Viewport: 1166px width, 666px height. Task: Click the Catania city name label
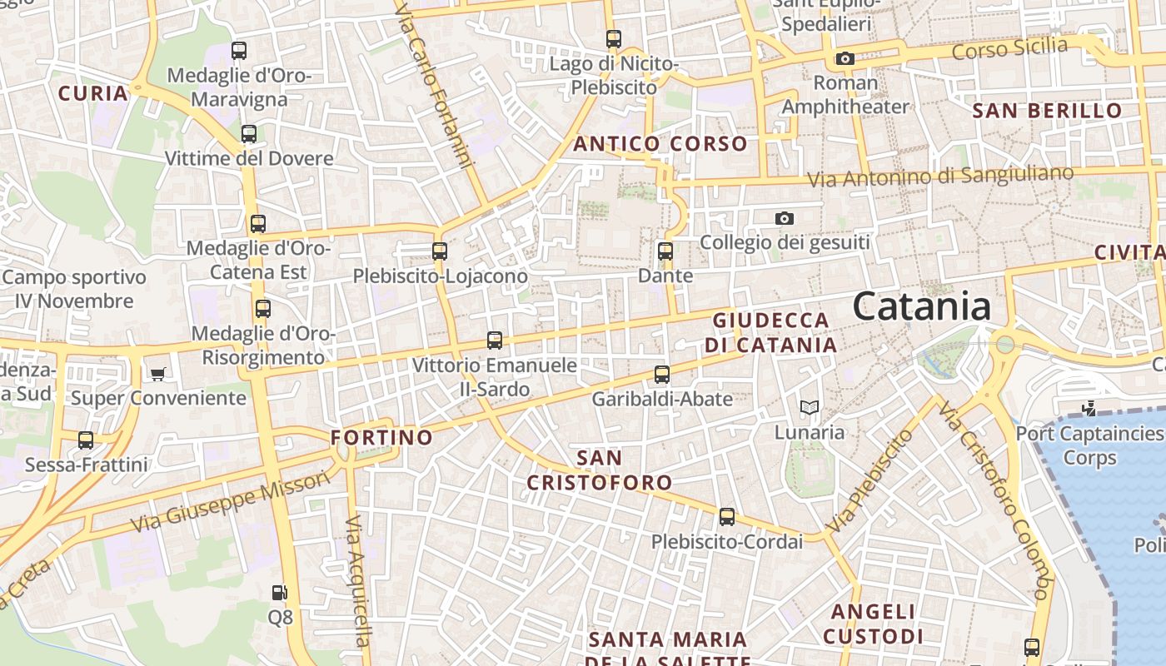pos(921,306)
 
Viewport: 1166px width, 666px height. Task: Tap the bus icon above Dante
pos(665,251)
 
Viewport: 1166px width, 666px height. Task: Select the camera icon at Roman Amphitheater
pos(845,58)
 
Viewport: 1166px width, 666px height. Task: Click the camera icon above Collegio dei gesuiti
pos(784,218)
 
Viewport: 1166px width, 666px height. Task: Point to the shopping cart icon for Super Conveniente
pos(158,374)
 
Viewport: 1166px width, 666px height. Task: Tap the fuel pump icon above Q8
pos(280,593)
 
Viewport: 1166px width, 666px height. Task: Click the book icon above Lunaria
pos(810,408)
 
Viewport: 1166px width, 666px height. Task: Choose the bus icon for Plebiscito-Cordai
pos(727,517)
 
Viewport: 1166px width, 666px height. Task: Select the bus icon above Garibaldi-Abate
pos(662,375)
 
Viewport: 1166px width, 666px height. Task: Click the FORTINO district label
pos(381,437)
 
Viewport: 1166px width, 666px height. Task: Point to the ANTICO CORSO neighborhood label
pos(660,144)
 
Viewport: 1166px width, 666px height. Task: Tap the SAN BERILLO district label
pos(1047,110)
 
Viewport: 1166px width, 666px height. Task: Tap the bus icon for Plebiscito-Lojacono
pos(439,251)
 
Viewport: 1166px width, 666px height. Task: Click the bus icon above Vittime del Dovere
pos(248,133)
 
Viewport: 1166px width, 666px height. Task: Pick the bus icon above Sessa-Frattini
pos(86,440)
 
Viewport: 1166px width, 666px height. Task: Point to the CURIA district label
pos(93,93)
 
